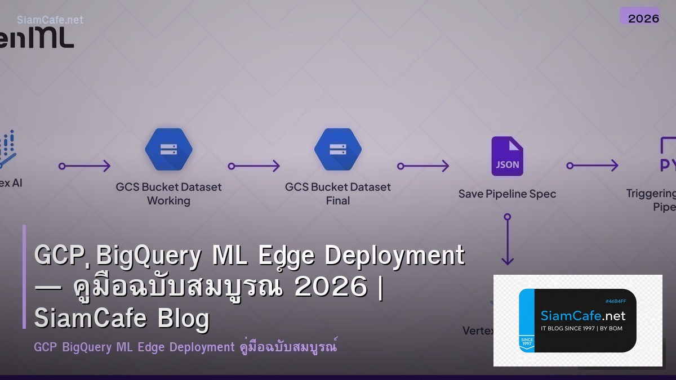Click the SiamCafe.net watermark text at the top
click(x=50, y=20)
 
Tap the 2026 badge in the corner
click(x=643, y=17)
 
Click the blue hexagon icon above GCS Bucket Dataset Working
click(x=168, y=150)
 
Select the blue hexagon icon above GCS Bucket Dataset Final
click(x=337, y=150)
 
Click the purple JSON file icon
click(x=507, y=157)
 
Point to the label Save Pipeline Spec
click(x=507, y=194)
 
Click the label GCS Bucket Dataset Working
click(x=168, y=194)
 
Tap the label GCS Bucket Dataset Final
click(x=337, y=194)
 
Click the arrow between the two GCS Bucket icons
click(x=253, y=166)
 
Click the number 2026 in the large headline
click(x=331, y=288)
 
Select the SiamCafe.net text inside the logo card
click(x=582, y=316)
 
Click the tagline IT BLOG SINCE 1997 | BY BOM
click(x=581, y=328)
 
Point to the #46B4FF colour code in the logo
click(x=615, y=301)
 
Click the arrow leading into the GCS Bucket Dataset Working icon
click(x=84, y=166)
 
